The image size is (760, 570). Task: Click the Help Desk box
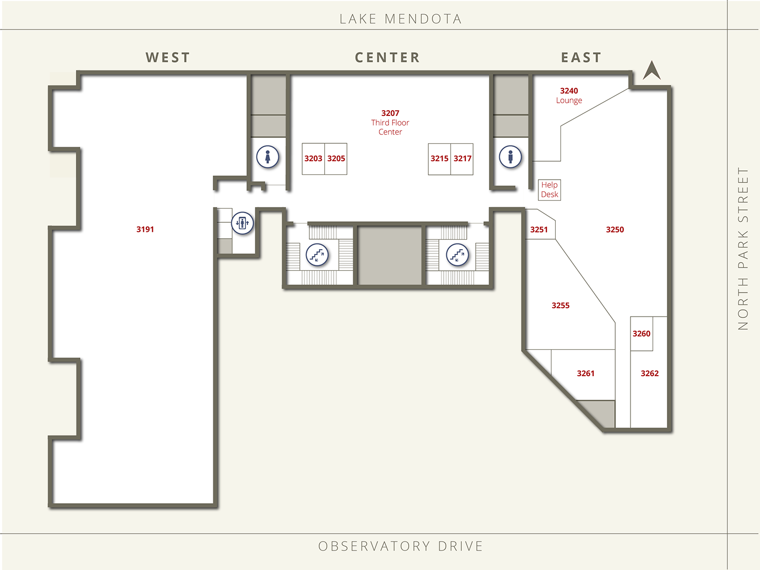pyautogui.click(x=549, y=190)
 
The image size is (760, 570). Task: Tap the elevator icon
pyautogui.click(x=243, y=223)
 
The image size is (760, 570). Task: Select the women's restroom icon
pyautogui.click(x=268, y=156)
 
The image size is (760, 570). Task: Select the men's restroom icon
pyautogui.click(x=511, y=156)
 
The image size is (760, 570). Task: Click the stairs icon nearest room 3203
pyautogui.click(x=317, y=254)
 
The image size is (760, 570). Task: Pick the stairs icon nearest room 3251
pyautogui.click(x=457, y=254)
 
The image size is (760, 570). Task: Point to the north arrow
pyautogui.click(x=652, y=71)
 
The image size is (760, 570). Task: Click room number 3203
pyautogui.click(x=313, y=159)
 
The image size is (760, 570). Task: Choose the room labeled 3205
pyautogui.click(x=336, y=159)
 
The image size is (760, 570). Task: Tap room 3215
pyautogui.click(x=439, y=159)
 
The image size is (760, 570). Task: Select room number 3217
pyautogui.click(x=462, y=159)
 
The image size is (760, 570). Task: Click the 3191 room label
pyautogui.click(x=145, y=229)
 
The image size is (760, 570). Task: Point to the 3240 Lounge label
pyautogui.click(x=569, y=95)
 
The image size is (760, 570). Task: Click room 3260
pyautogui.click(x=642, y=333)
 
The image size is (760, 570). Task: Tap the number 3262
pyautogui.click(x=649, y=373)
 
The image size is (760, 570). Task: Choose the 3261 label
pyautogui.click(x=585, y=373)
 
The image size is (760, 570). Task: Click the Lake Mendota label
pyautogui.click(x=401, y=19)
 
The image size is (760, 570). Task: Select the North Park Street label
pyautogui.click(x=743, y=249)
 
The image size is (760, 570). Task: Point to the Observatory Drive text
pyautogui.click(x=401, y=546)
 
